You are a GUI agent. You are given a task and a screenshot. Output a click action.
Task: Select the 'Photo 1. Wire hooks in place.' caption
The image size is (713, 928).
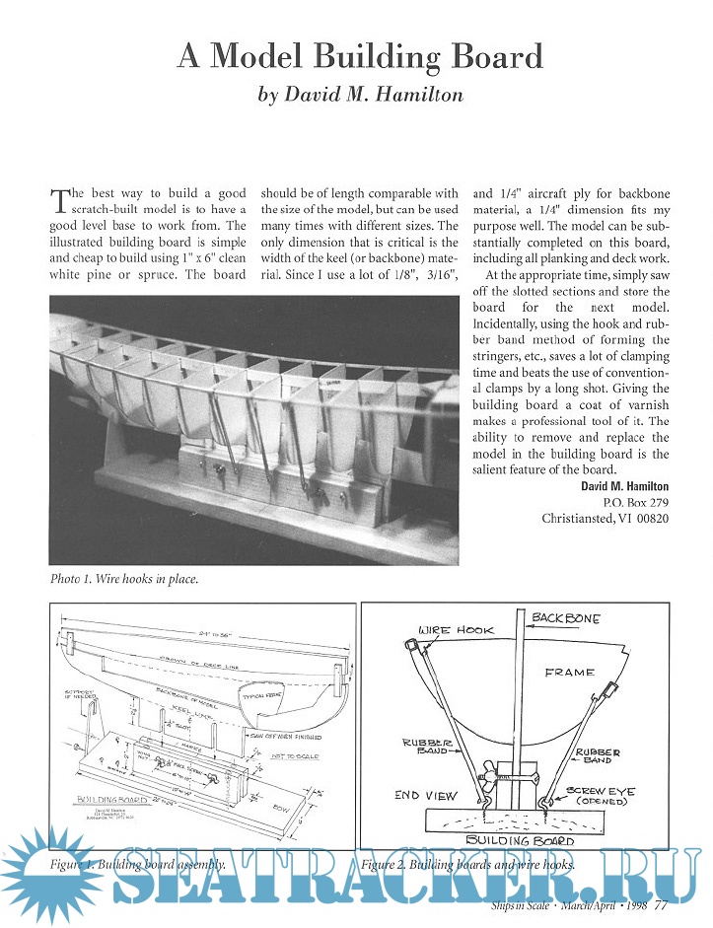pos(123,579)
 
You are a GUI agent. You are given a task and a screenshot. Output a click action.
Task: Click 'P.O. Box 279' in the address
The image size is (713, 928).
pos(634,502)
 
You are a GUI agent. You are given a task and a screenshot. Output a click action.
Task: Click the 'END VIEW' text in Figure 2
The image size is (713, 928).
pos(421,795)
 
